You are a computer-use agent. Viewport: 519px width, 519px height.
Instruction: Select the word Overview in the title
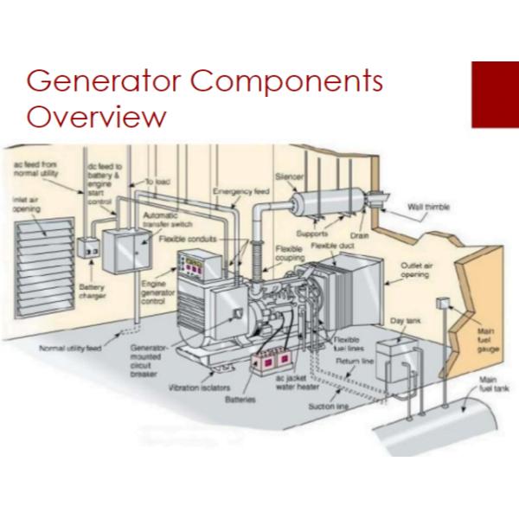pyautogui.click(x=95, y=117)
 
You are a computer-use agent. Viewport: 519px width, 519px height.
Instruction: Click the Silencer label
pyautogui.click(x=288, y=175)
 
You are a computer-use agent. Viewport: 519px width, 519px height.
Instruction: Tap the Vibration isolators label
pyautogui.click(x=197, y=388)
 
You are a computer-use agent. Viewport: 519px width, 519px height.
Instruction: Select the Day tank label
pyautogui.click(x=404, y=319)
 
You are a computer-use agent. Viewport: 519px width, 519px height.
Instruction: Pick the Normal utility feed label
pyautogui.click(x=70, y=348)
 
